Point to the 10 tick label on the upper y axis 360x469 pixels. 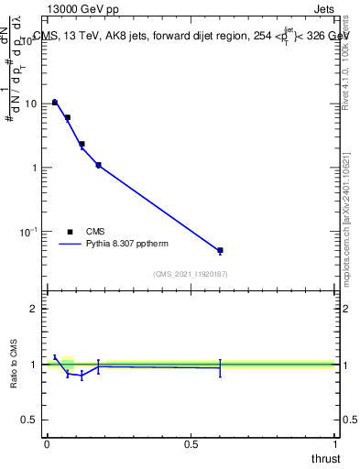click(31, 104)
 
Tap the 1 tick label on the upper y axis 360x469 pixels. click(35, 168)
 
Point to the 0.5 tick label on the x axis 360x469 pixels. click(191, 445)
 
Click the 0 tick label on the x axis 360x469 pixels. click(47, 445)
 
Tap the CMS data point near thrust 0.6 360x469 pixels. click(220, 250)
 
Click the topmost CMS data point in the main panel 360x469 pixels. click(55, 102)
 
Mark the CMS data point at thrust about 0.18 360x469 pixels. click(98, 165)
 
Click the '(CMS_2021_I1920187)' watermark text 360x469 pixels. click(191, 273)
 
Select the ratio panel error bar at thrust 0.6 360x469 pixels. click(220, 367)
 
